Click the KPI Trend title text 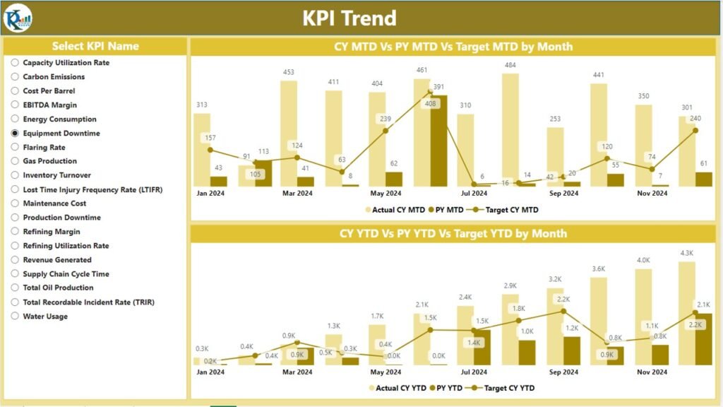point(349,18)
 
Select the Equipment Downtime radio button point(15,133)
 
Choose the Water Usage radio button point(15,316)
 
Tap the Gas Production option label point(49,161)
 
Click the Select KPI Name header point(95,46)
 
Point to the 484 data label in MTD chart point(510,66)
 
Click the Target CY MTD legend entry point(509,210)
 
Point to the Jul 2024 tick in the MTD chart point(474,193)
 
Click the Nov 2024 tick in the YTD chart point(651,372)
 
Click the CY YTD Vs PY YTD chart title point(453,233)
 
